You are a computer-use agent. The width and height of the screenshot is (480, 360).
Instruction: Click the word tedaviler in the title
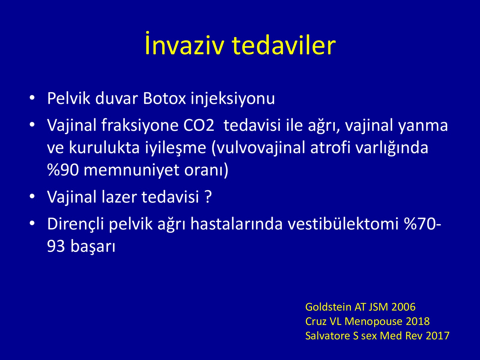pyautogui.click(x=283, y=45)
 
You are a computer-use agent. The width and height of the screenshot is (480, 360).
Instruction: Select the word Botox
pyautogui.click(x=164, y=98)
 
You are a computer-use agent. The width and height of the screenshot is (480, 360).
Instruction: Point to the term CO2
pyautogui.click(x=199, y=125)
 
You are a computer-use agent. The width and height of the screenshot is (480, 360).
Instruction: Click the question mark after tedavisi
pyautogui.click(x=208, y=196)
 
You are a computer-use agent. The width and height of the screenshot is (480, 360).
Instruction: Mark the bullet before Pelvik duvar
pyautogui.click(x=32, y=98)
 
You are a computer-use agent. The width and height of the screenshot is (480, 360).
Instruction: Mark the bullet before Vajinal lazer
pyautogui.click(x=32, y=196)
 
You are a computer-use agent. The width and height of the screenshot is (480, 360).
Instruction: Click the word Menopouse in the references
pyautogui.click(x=373, y=322)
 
